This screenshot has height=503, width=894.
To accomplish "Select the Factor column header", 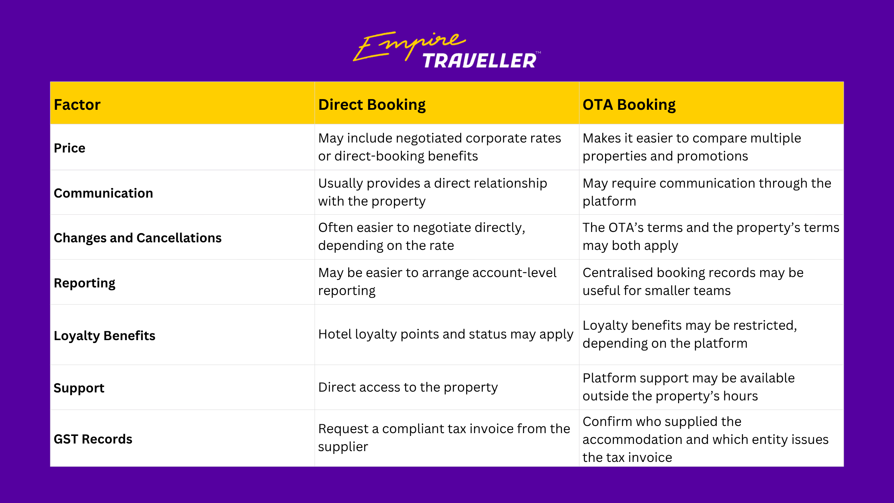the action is coord(77,105).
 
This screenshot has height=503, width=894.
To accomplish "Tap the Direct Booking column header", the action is coord(372,105).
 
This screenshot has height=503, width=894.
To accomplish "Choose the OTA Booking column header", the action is coord(629,105).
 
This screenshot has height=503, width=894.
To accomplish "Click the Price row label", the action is coord(69,148).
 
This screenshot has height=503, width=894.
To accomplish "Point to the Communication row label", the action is coord(103,193).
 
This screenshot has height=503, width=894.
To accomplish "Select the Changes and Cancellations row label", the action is coord(138,238).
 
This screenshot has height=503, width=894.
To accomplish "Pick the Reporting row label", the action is coord(85,283).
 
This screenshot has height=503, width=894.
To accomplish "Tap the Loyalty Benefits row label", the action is coord(105,336).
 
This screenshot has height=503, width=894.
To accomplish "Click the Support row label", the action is coord(79,388).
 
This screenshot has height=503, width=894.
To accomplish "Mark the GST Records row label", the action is coord(93,439).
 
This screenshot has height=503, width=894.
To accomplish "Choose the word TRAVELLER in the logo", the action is coord(479,61).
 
